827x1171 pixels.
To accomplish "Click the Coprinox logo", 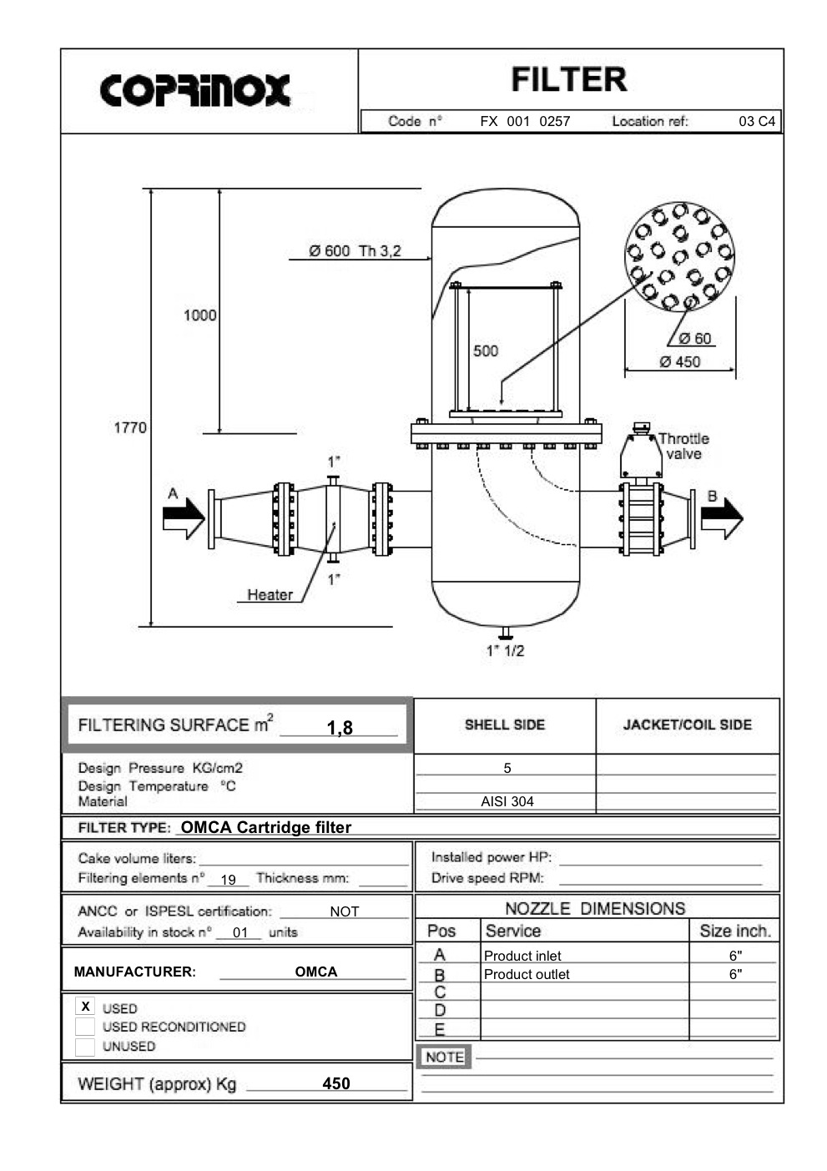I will click(x=195, y=90).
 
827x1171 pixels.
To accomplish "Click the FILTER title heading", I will click(x=568, y=80).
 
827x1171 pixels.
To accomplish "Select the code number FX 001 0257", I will click(x=525, y=121).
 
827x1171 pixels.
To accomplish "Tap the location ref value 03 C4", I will click(x=756, y=121).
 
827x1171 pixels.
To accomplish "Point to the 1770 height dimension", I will click(x=129, y=427).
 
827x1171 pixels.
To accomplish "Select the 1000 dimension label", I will click(x=199, y=315).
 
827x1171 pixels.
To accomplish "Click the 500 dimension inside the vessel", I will click(x=486, y=351).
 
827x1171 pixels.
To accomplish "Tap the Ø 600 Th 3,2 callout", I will click(x=355, y=250).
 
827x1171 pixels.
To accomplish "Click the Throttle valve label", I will click(x=683, y=447).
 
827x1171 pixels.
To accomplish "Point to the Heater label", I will click(x=270, y=595).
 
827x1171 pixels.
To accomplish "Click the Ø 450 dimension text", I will click(x=679, y=361).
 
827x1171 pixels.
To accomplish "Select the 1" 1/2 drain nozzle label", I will click(x=505, y=651).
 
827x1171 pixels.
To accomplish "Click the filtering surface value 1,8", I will click(x=340, y=728).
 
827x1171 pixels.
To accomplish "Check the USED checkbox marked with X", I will click(x=85, y=1007).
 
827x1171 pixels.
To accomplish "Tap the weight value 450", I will click(x=336, y=1083).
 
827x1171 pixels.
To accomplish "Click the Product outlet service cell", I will click(x=527, y=974).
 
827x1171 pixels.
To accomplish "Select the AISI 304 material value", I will click(x=507, y=801).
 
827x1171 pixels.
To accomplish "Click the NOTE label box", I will click(x=444, y=1057).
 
